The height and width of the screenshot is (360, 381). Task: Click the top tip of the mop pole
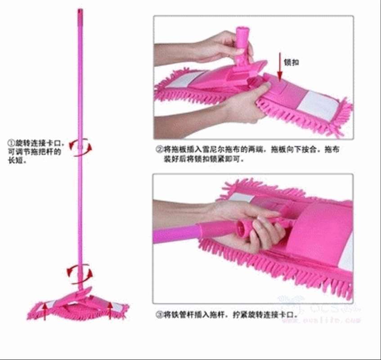[80, 10]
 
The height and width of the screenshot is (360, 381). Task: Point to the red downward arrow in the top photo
[280, 68]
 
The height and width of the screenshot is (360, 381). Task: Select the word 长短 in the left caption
[15, 161]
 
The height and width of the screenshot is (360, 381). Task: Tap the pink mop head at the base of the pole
[79, 306]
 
